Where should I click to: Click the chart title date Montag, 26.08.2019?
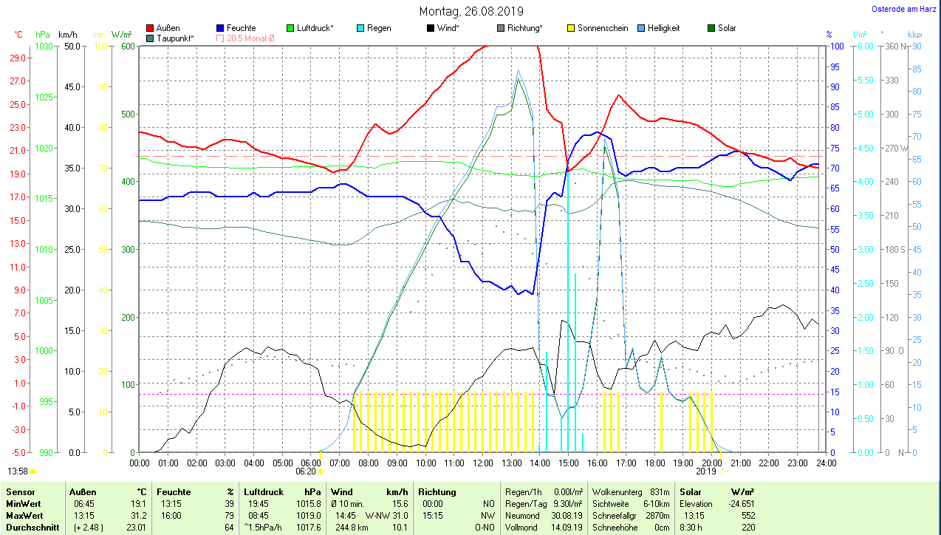[x=471, y=11]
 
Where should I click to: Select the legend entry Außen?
[x=168, y=28]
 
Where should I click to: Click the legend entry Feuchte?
[x=242, y=28]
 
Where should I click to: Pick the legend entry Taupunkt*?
[x=175, y=38]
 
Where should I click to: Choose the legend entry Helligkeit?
[x=663, y=28]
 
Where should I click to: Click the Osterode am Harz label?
[x=906, y=10]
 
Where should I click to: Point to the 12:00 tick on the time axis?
[x=482, y=463]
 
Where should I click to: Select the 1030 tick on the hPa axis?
[x=44, y=46]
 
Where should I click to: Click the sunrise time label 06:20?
[x=306, y=471]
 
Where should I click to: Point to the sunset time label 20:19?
[x=706, y=471]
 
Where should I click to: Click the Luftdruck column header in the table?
[x=264, y=491]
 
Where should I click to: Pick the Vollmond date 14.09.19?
[x=567, y=528]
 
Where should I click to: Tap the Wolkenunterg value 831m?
[x=660, y=491]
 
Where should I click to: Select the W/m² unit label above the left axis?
[x=122, y=35]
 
